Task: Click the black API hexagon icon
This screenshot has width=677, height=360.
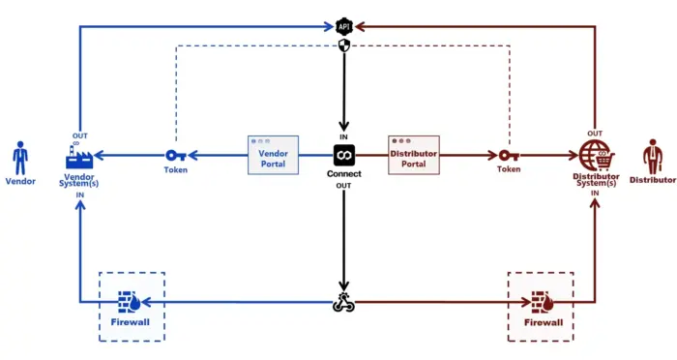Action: [343, 25]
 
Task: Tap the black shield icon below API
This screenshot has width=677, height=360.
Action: [343, 45]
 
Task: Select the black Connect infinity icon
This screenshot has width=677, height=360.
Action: [343, 155]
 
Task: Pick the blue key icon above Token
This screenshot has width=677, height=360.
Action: [176, 155]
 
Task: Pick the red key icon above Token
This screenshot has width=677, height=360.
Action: [509, 155]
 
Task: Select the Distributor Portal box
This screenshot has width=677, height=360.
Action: [413, 155]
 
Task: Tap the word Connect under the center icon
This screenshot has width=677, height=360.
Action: [343, 174]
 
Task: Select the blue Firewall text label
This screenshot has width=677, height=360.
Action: [132, 323]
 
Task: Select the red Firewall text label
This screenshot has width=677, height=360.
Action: [542, 323]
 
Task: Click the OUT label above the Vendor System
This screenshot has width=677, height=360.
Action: [79, 135]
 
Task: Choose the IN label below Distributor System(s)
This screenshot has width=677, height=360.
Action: [594, 194]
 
